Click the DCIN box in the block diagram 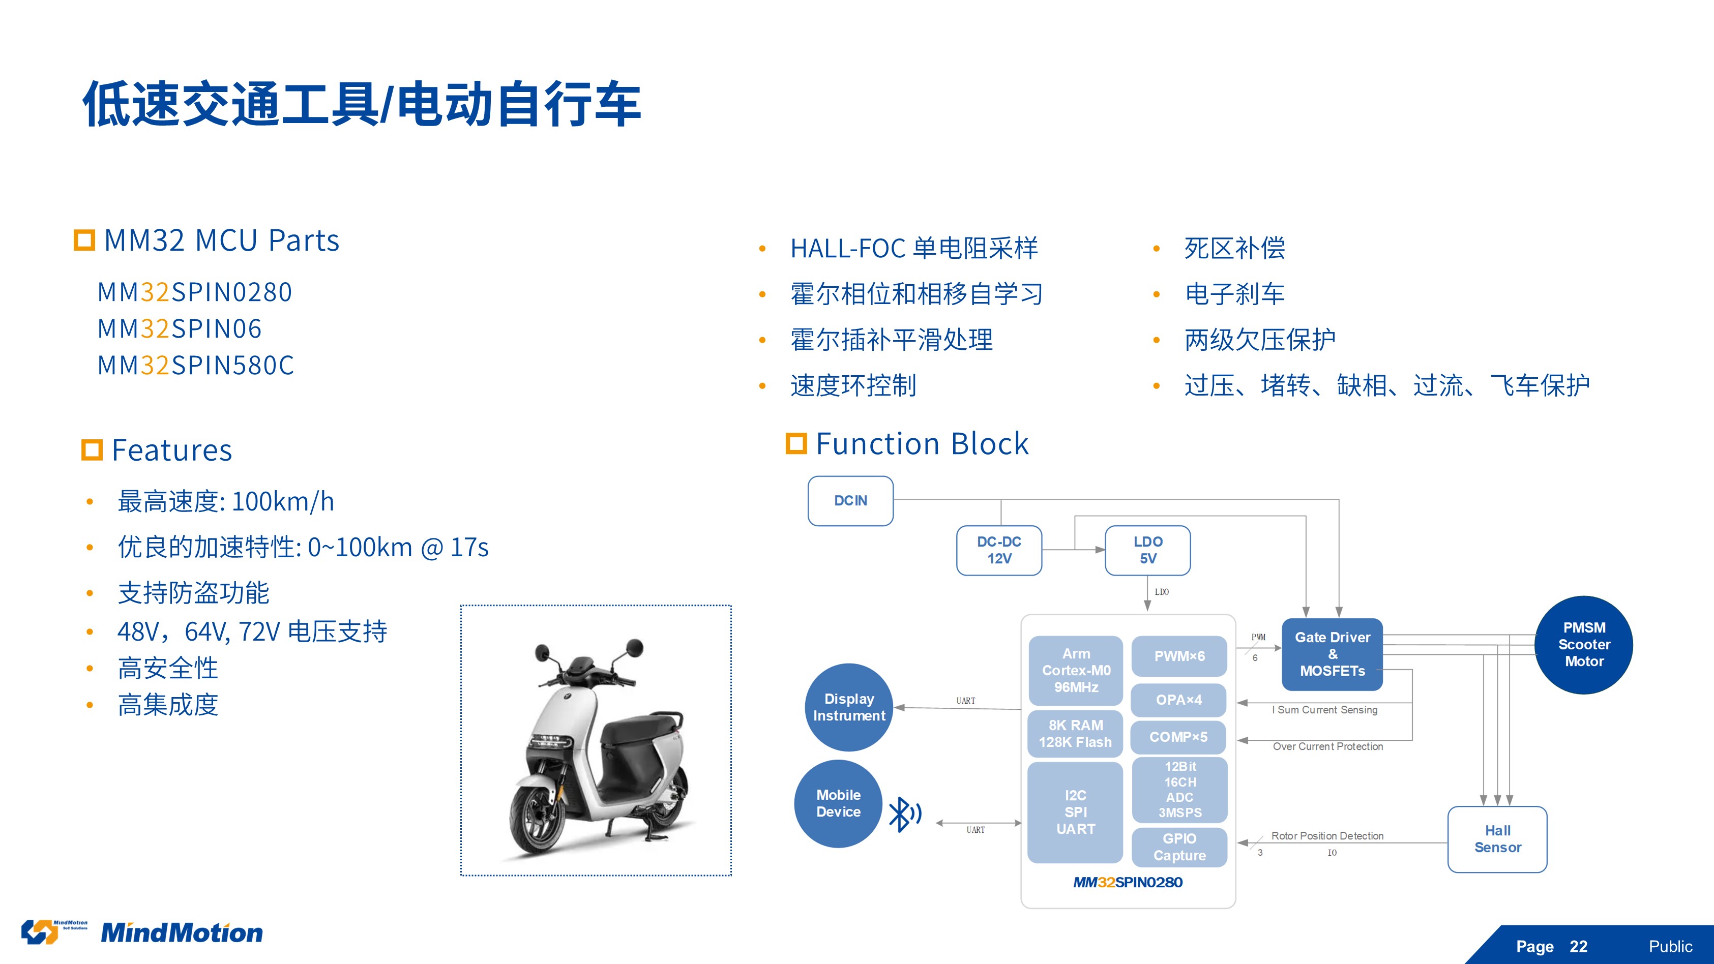[x=850, y=501]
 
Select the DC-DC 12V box [x=999, y=550]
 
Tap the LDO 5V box [x=1148, y=550]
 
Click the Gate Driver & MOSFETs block [x=1332, y=654]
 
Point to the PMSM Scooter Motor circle [x=1584, y=645]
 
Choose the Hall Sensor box [x=1497, y=839]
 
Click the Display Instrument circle [x=849, y=707]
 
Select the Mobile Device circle [x=838, y=804]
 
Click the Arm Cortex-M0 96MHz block [x=1076, y=671]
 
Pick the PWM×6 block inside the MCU [x=1179, y=656]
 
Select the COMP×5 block [x=1178, y=737]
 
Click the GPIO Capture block [x=1179, y=847]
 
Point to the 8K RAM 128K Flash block [x=1075, y=734]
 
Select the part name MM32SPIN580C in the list [x=196, y=365]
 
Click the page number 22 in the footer [x=1578, y=946]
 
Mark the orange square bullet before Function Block [x=796, y=443]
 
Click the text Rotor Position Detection [x=1327, y=835]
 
